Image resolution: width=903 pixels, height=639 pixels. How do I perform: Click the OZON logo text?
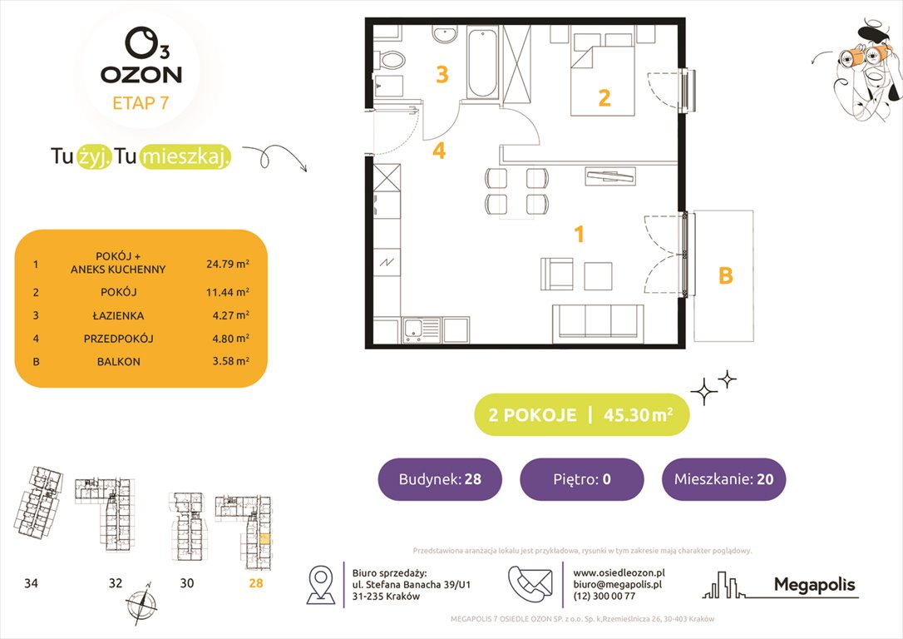click(141, 74)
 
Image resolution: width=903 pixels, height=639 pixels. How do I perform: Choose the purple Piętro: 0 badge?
click(581, 479)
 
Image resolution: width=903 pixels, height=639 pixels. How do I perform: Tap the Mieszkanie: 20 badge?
click(723, 479)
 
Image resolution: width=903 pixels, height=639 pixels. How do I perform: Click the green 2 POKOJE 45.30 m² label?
click(581, 415)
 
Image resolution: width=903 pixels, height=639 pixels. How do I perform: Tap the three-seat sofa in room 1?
click(598, 321)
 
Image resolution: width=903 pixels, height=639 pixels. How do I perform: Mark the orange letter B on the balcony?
click(725, 275)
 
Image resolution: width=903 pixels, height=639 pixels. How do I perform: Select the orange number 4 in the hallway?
click(439, 151)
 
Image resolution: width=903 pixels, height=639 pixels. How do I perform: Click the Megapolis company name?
click(814, 585)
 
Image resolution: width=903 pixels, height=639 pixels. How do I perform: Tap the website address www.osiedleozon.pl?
click(619, 572)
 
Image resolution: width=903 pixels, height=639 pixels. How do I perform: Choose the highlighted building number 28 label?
click(255, 583)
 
